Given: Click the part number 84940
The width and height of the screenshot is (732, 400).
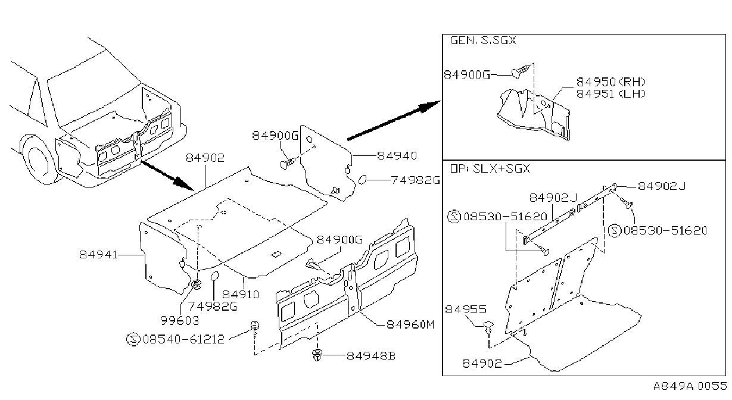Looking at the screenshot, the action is click(397, 156).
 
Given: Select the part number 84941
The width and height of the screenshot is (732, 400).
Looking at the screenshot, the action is click(98, 255).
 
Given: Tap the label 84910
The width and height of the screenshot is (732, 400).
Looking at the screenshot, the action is click(241, 295).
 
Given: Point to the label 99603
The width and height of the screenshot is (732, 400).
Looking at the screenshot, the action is click(180, 321).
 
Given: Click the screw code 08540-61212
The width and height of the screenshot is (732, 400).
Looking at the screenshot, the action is click(183, 339).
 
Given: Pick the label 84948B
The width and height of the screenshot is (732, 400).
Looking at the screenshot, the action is click(371, 355).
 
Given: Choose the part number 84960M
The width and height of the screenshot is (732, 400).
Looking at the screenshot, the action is click(410, 324).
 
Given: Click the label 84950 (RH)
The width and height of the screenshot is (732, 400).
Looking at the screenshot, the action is click(610, 82).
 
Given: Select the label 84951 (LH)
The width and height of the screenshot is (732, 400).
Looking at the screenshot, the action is click(610, 93).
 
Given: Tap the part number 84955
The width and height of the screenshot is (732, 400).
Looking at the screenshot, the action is click(466, 309).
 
